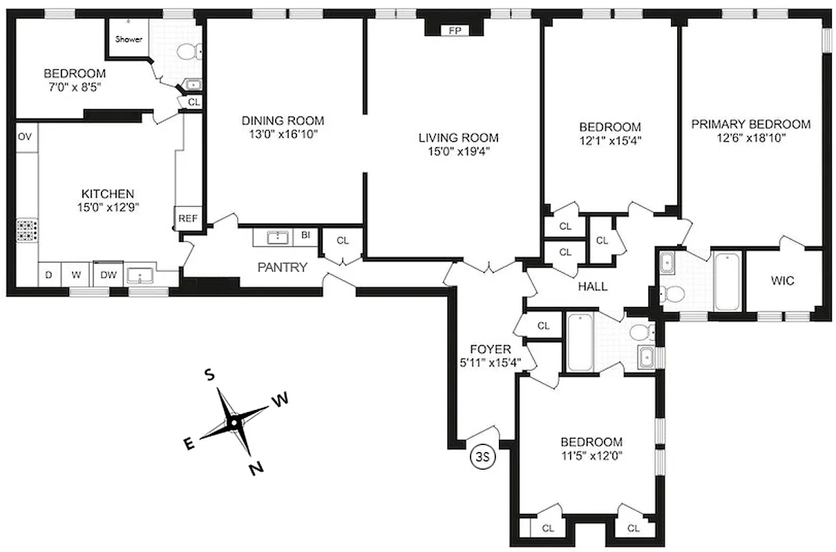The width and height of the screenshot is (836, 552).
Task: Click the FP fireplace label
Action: pos(454,30)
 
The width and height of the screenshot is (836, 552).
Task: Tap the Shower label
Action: pos(129,39)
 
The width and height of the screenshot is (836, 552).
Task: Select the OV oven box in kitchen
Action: pos(25,137)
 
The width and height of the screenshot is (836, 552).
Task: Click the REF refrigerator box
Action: pos(188,219)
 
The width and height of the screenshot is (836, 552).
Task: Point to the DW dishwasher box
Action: pos(108,275)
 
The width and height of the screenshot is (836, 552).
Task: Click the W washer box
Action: pos(75,275)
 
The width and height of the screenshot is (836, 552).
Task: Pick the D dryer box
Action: pos(48,275)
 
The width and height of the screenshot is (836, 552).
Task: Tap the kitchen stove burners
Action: pos(26,230)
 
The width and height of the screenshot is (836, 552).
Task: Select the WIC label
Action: pos(782,281)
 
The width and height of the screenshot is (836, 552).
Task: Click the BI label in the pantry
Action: pos(305,236)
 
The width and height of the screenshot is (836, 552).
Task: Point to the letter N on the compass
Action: pos(256,469)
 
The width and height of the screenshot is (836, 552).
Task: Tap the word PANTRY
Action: pos(282,267)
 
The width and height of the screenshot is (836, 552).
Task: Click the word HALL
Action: pos(593,286)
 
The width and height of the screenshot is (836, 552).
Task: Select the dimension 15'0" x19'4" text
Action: pos(458,151)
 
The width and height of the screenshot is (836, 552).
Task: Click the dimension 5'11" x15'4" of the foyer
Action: pos(491,362)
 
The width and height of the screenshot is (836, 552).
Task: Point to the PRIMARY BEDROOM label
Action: pos(750,124)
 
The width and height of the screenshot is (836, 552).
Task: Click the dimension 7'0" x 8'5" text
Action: pos(75,87)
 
